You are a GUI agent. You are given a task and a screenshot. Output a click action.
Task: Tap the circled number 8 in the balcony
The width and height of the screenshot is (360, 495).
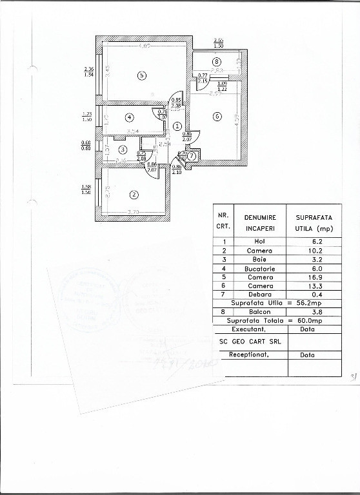(x=217, y=62)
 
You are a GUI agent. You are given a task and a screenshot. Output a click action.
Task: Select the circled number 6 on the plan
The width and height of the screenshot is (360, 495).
(x=217, y=116)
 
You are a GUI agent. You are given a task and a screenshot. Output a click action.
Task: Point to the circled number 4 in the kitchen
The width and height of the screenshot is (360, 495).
(x=129, y=117)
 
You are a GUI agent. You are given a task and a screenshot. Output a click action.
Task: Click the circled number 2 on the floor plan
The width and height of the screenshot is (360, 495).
(x=134, y=195)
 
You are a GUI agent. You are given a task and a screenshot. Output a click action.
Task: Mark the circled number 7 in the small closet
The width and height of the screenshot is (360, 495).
(x=192, y=155)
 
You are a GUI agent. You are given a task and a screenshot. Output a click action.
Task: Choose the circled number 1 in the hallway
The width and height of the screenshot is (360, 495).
(x=177, y=126)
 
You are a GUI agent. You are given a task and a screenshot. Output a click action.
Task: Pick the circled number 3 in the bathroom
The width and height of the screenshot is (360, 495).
(x=123, y=150)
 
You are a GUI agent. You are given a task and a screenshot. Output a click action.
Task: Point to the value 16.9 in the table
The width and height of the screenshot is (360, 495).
(x=313, y=277)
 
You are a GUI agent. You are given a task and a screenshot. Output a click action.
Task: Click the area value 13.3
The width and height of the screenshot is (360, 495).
(x=313, y=286)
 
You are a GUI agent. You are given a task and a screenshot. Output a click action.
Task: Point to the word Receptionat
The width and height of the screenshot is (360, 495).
(x=248, y=355)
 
